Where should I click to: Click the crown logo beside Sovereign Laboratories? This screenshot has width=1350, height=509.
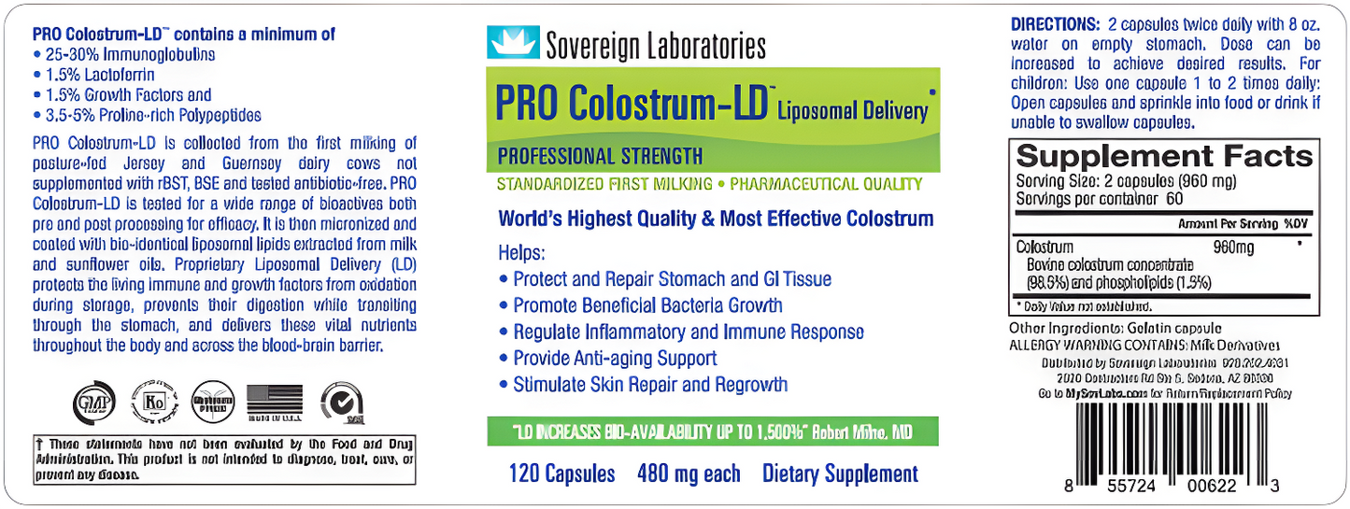click(x=513, y=43)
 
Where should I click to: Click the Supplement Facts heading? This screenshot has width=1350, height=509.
click(x=1164, y=155)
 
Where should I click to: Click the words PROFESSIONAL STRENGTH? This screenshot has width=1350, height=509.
click(x=600, y=156)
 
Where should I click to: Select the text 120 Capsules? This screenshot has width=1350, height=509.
click(x=561, y=474)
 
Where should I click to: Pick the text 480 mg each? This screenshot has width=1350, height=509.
click(x=689, y=474)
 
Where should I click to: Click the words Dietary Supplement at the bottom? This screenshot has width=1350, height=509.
click(x=840, y=474)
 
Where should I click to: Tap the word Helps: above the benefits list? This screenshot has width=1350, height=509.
click(x=521, y=253)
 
